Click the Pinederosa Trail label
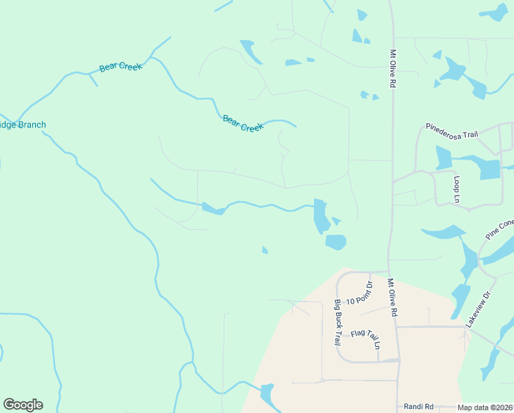[x=451, y=130]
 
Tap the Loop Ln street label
[x=457, y=189]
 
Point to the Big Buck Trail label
[x=339, y=322]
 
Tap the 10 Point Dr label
[x=359, y=293]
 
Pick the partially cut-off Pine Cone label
[x=500, y=229]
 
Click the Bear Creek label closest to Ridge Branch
[x=120, y=67]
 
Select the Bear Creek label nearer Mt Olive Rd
[x=243, y=123]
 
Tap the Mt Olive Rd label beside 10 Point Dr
[x=392, y=297]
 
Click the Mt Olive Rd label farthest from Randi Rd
[x=394, y=67]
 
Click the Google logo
[x=23, y=405]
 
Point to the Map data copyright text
[x=485, y=407]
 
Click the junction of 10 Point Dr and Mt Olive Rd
[x=389, y=272]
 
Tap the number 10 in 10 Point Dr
[x=350, y=301]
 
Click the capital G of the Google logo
[x=9, y=405]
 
